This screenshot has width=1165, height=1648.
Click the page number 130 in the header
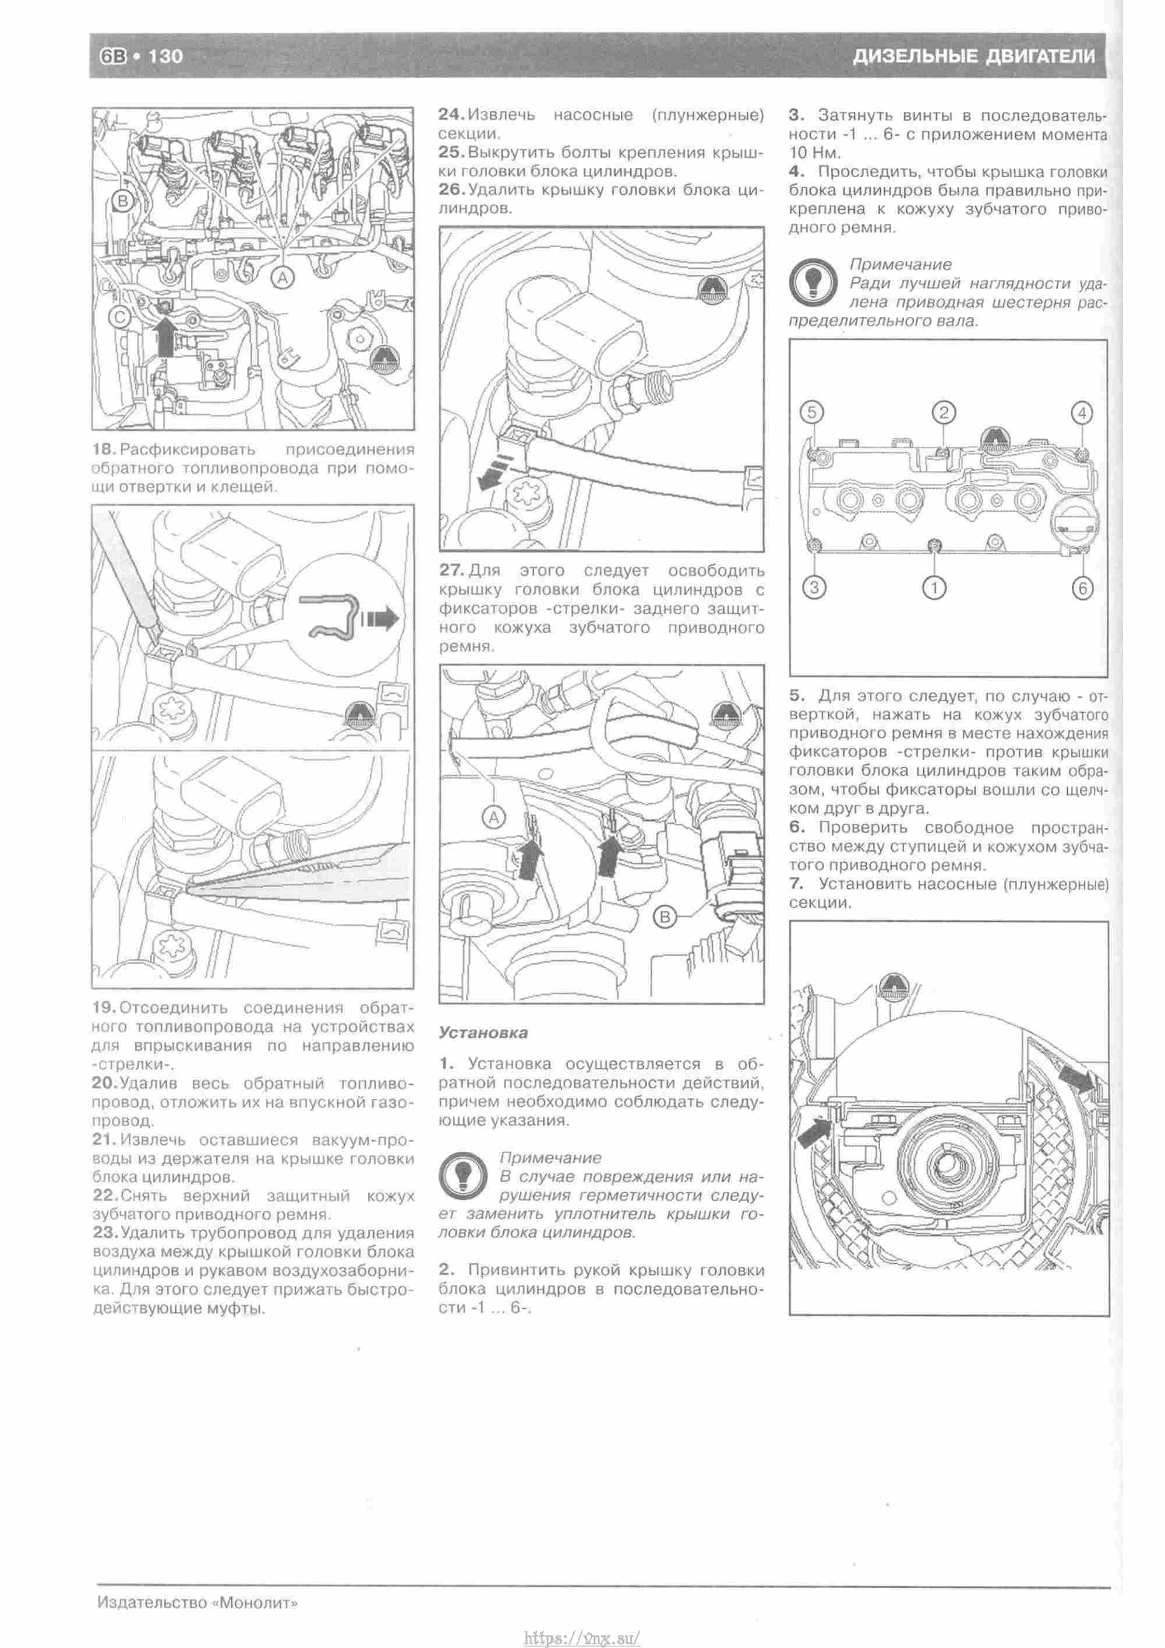click(165, 56)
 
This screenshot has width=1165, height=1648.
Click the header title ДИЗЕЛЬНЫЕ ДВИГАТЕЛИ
click(973, 56)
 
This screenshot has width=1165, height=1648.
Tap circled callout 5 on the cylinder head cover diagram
click(811, 412)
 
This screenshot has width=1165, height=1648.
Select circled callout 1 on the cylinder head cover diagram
click(934, 588)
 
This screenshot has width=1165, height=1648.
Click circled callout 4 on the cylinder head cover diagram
click(1082, 412)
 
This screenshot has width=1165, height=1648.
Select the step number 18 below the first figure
click(104, 450)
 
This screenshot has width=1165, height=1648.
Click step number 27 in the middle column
click(452, 571)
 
